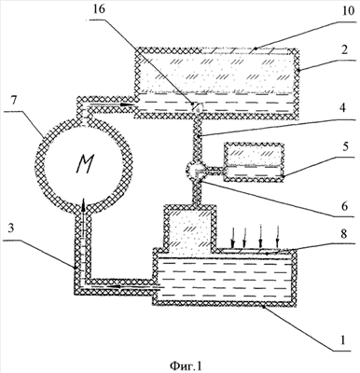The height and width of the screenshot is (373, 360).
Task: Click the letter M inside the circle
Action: [85, 164]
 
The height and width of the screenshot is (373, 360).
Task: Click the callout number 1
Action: [342, 341]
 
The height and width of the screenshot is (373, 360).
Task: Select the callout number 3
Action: [11, 229]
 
